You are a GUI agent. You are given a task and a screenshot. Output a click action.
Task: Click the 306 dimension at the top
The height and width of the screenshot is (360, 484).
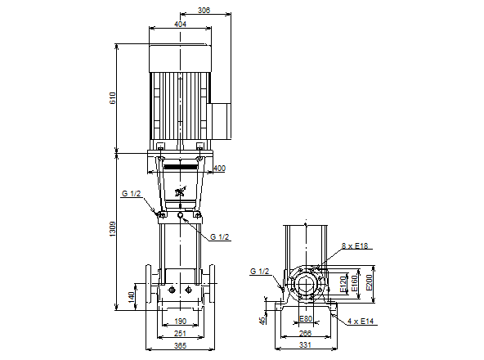point(204,10)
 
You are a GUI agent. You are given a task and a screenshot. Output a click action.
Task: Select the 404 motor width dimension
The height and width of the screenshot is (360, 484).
point(180,24)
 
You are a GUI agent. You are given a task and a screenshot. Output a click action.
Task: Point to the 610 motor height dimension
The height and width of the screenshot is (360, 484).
point(113,98)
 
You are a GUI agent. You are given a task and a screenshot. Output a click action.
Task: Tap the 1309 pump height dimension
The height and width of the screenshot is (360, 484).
point(112,229)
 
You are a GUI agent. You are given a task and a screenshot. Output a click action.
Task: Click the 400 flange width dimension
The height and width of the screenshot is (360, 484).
point(219,169)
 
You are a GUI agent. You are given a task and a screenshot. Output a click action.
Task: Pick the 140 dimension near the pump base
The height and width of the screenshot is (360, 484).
point(131,297)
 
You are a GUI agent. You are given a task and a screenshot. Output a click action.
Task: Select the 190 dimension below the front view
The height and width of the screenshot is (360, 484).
point(180,321)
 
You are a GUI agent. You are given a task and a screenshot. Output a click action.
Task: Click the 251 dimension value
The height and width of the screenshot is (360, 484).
point(180,334)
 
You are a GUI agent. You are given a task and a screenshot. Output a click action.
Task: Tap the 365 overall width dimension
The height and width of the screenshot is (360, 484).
point(180,345)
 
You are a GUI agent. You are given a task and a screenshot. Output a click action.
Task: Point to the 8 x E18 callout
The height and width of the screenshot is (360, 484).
point(355,246)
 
